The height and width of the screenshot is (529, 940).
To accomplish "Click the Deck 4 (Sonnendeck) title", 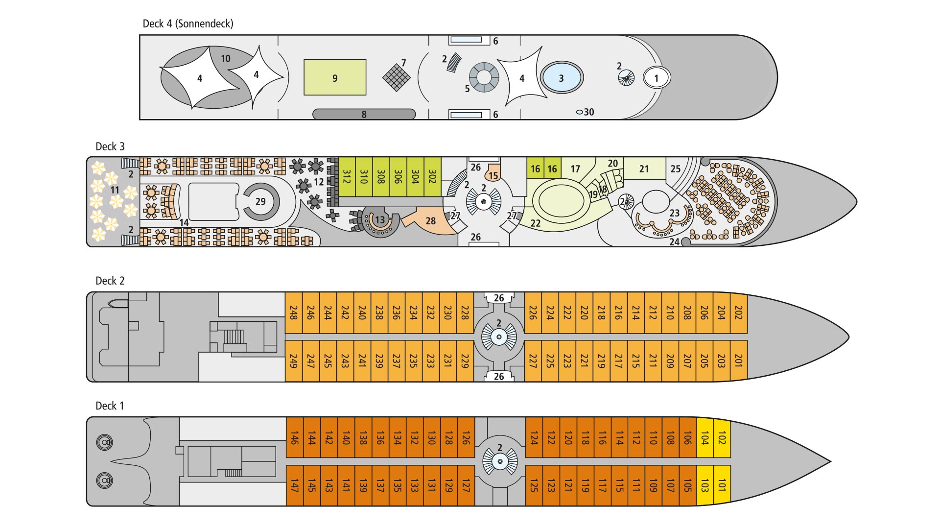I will point(188,24).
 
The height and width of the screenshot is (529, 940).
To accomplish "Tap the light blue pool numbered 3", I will point(561,78).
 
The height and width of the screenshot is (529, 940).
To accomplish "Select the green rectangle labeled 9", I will point(335,77).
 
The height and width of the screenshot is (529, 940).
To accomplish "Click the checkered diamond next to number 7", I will point(396,77).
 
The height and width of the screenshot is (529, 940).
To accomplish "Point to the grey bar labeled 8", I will point(364,114).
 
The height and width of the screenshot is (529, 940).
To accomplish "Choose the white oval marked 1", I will point(656,77).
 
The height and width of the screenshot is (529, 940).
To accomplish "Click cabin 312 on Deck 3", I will point(347,176).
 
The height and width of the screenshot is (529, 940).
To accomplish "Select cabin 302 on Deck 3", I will point(432,176).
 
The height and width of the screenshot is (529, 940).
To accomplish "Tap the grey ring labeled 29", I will point(261,201).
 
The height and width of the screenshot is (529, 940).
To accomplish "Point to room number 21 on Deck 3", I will point(644,169).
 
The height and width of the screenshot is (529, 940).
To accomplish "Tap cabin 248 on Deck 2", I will point(294,313).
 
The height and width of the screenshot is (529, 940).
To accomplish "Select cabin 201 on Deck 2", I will point(739,361).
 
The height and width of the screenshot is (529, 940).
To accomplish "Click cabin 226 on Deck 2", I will point(533,313).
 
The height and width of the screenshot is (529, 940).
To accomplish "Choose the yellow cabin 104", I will point(705,437).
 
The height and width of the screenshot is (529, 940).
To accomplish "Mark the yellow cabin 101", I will point(722,485).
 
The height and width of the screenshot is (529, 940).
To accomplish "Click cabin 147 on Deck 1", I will point(294,485).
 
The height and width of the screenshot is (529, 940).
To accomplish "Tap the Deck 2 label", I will point(110,281).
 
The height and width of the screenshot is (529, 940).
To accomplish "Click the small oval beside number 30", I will point(579,112).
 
